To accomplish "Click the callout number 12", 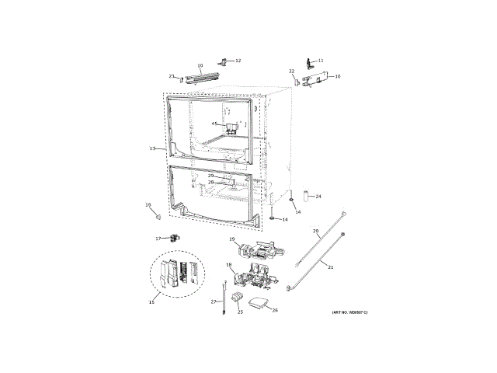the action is pyautogui.click(x=238, y=60).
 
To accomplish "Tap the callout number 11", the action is pyautogui.click(x=321, y=60).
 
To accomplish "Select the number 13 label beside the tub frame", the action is pyautogui.click(x=153, y=148).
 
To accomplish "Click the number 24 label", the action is pyautogui.click(x=318, y=197).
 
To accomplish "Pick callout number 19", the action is pyautogui.click(x=231, y=240).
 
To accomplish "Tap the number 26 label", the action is pyautogui.click(x=274, y=310).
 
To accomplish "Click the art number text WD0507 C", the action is pyautogui.click(x=349, y=312).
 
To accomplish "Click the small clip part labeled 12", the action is pyautogui.click(x=227, y=60).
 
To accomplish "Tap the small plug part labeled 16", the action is pyautogui.click(x=158, y=212).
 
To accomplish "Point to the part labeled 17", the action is pyautogui.click(x=174, y=238).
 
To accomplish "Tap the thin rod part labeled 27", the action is pyautogui.click(x=225, y=298).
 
